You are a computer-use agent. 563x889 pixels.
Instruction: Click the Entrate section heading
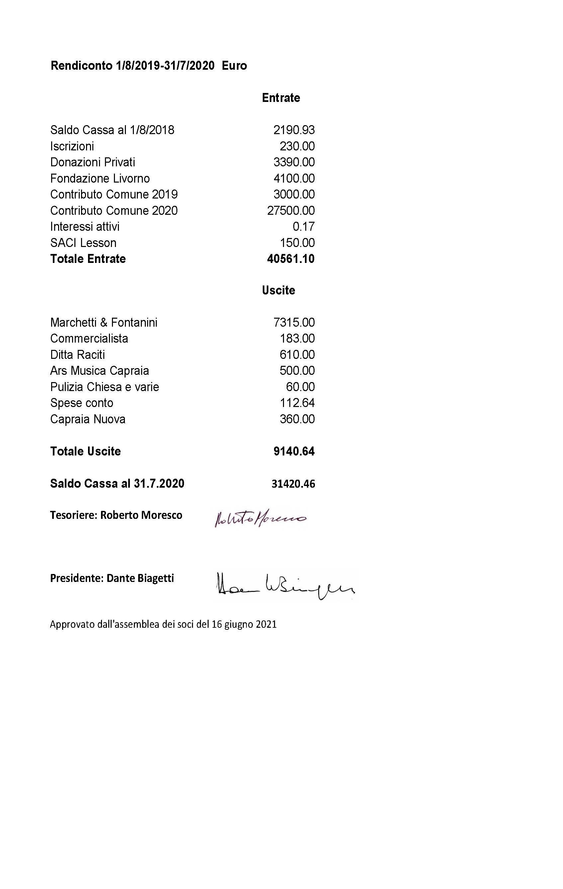point(281,98)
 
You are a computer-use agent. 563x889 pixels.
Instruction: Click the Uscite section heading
point(279,290)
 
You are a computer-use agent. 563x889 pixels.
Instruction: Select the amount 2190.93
point(294,130)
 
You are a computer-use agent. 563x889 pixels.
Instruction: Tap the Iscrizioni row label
point(72,146)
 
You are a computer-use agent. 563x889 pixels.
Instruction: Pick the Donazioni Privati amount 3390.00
point(294,162)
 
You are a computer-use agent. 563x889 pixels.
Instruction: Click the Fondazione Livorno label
point(100,178)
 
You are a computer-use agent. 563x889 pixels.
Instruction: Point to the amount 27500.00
point(291,210)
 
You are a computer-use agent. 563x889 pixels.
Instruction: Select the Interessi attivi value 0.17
point(304,227)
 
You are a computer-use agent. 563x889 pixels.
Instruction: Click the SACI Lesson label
point(83,243)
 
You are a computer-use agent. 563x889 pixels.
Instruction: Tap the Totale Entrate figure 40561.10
point(291,259)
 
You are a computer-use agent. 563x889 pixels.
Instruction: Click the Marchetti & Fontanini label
point(104,323)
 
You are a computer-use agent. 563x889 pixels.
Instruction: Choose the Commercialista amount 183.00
point(297,339)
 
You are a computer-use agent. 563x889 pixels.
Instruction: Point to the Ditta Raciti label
point(78,355)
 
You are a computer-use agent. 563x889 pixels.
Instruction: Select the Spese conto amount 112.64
point(297,403)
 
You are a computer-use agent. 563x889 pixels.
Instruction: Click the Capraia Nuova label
point(88,419)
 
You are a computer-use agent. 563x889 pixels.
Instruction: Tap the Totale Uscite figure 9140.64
point(294,451)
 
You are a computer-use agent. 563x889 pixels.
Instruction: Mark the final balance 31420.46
point(293,484)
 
